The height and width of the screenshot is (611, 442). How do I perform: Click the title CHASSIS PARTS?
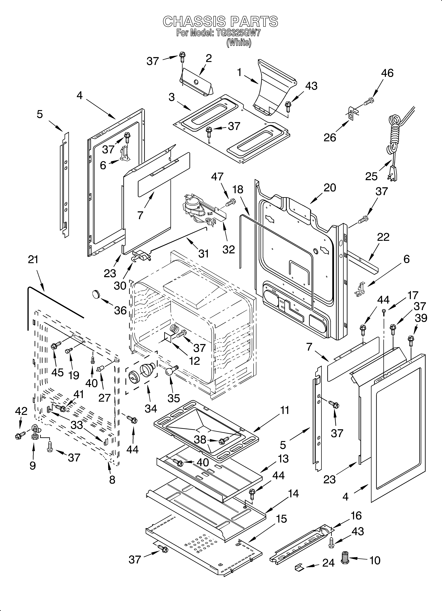point(220,22)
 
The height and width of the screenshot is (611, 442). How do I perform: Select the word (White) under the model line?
point(239,43)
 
